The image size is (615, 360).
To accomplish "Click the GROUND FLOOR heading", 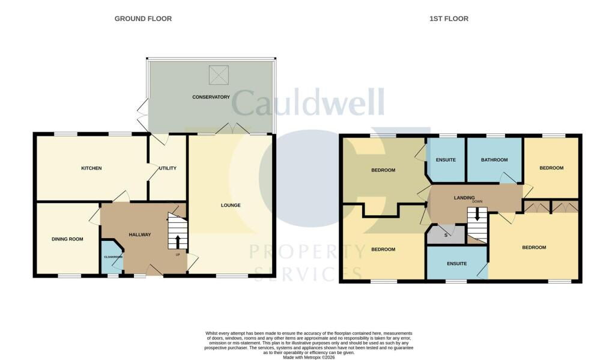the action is point(143,19).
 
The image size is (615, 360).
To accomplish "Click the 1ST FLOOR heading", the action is point(449,19).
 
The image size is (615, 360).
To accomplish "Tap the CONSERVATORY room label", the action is point(211,97).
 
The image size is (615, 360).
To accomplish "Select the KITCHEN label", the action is point(91,168).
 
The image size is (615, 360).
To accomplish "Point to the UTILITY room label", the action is point(168,168).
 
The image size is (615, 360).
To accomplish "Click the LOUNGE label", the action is point(231,205).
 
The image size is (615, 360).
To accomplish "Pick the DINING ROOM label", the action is point(67,239).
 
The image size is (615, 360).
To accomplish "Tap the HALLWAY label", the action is point(140,234).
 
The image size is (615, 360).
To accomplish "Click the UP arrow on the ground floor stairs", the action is point(178,242).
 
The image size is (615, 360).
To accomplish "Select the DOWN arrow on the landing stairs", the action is point(477,214).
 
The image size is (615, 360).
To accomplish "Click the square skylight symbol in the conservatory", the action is point(219,75).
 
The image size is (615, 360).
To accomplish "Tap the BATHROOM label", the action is point(494,160).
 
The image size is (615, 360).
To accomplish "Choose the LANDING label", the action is point(464,198).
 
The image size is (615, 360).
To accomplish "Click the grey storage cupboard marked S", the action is point(446,234).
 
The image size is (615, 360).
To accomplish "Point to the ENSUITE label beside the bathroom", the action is point(446,160).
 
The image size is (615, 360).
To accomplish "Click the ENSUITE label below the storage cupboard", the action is point(457,263).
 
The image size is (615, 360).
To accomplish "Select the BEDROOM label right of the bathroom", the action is point(551,168).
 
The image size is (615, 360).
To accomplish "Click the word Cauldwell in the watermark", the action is point(307,102).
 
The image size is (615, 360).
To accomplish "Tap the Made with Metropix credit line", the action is point(309,358).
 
